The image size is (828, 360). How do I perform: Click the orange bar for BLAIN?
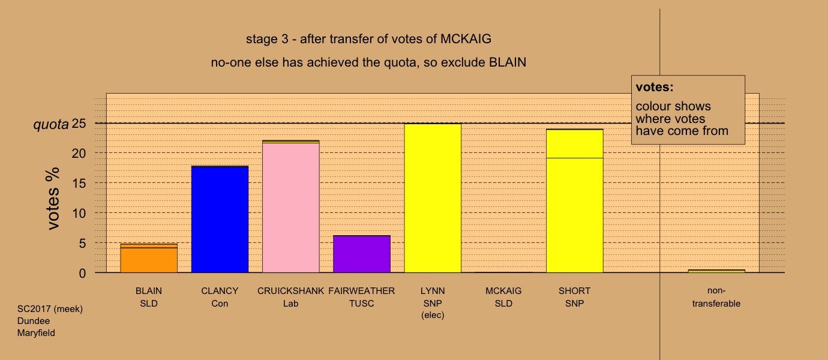tap(149, 258)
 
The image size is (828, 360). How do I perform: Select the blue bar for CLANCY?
tap(220, 219)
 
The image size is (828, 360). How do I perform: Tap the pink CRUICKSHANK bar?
tap(291, 206)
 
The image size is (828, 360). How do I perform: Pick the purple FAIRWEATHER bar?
tap(362, 254)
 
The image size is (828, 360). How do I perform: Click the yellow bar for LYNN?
tap(433, 198)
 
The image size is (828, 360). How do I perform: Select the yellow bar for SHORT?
tap(575, 200)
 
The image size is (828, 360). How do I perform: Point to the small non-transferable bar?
tap(716, 271)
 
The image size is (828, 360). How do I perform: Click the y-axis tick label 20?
tap(79, 153)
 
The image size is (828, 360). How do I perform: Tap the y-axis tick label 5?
tap(82, 243)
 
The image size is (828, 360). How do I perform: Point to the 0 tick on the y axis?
tap(82, 274)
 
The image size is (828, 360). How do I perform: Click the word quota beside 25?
tap(51, 125)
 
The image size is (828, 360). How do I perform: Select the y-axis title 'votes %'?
tap(53, 199)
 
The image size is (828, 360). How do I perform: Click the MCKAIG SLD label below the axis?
tap(503, 297)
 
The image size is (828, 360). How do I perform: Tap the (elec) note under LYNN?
tap(433, 315)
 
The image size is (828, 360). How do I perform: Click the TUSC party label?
tap(362, 304)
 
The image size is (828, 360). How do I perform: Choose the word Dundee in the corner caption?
tap(33, 321)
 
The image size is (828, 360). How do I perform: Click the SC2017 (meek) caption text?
tap(50, 309)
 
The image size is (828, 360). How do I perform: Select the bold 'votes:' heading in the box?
tap(655, 87)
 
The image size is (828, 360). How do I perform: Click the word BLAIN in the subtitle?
tap(508, 62)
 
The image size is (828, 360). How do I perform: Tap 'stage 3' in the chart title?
tap(267, 39)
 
